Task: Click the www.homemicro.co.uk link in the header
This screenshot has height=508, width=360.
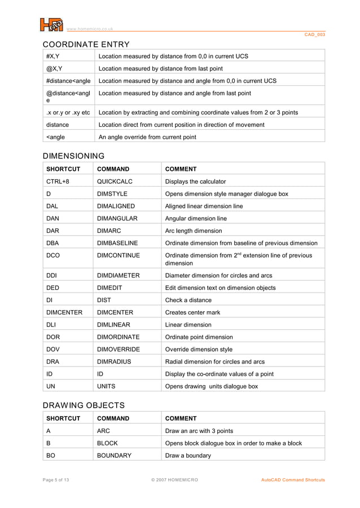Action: pyautogui.click(x=90, y=29)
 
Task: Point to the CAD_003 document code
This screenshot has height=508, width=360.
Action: pyautogui.click(x=315, y=35)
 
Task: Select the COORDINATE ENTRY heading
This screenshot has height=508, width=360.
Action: pyautogui.click(x=86, y=45)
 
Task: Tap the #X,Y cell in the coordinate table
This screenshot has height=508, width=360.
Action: pyautogui.click(x=54, y=56)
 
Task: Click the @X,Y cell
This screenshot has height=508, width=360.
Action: pyautogui.click(x=55, y=69)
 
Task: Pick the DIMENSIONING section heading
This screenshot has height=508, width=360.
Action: pyautogui.click(x=74, y=156)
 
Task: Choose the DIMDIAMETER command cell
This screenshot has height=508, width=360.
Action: pyautogui.click(x=118, y=276)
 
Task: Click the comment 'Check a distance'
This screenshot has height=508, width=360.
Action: pyautogui.click(x=188, y=300)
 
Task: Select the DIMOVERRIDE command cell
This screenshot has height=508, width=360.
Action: pyautogui.click(x=118, y=350)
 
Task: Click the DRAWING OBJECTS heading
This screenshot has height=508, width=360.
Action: pyautogui.click(x=84, y=405)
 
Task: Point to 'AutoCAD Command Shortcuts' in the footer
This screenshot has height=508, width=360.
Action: pyautogui.click(x=293, y=480)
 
